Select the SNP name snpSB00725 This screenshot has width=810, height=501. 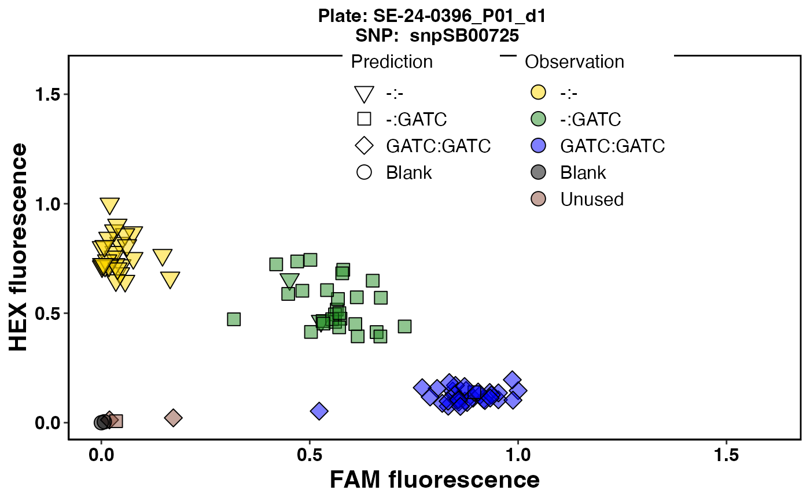pos(464,35)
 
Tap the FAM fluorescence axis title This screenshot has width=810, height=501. pos(435,480)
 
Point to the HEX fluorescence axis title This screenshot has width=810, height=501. pos(18,247)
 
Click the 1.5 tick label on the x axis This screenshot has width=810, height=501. pos(726,455)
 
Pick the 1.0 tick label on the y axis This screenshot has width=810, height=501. pos(47,204)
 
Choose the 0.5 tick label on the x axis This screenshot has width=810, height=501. pos(310,455)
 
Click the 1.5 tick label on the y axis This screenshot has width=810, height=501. pos(47,94)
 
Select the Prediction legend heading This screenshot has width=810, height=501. pos(392,62)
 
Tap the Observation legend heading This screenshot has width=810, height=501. pos(575,62)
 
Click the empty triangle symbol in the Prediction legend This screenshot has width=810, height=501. pos(364,94)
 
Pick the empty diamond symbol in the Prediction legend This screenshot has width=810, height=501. pos(364,146)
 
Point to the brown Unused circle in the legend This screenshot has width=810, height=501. pos(539,199)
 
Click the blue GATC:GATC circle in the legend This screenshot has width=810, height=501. pos(539,146)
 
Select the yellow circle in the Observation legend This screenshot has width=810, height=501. pos(539,92)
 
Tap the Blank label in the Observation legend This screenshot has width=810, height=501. pos(583,172)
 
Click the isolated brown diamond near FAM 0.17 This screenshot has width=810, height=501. pos(173,418)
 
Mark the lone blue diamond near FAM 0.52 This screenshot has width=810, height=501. pos(319,411)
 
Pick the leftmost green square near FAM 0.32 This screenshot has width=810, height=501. pos(234,319)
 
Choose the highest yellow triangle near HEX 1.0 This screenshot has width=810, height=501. pos(110,205)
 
